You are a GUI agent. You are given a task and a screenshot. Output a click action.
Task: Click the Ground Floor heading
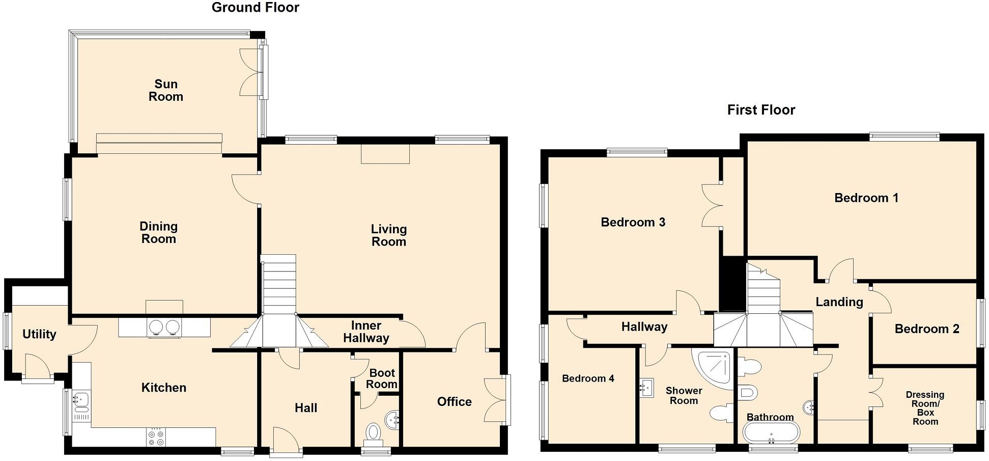[255, 8]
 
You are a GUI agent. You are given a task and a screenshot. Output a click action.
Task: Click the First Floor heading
[760, 110]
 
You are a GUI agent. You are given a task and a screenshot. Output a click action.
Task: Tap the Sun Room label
[166, 90]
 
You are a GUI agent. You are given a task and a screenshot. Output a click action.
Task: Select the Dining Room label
[158, 232]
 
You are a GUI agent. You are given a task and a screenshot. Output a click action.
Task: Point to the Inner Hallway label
[366, 332]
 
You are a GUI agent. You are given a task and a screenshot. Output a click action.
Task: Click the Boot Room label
[382, 378]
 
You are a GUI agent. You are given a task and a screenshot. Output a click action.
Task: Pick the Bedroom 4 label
[587, 378]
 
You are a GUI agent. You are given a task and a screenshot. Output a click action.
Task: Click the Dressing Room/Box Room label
[925, 408]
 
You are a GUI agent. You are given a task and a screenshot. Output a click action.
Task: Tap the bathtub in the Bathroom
[771, 433]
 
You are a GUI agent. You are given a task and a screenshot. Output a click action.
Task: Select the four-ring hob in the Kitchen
[156, 437]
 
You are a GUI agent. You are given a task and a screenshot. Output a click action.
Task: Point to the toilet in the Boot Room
[374, 433]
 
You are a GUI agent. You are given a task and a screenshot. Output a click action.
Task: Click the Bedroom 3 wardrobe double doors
[711, 205]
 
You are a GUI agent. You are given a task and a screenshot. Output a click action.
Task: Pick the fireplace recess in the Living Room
[385, 154]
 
